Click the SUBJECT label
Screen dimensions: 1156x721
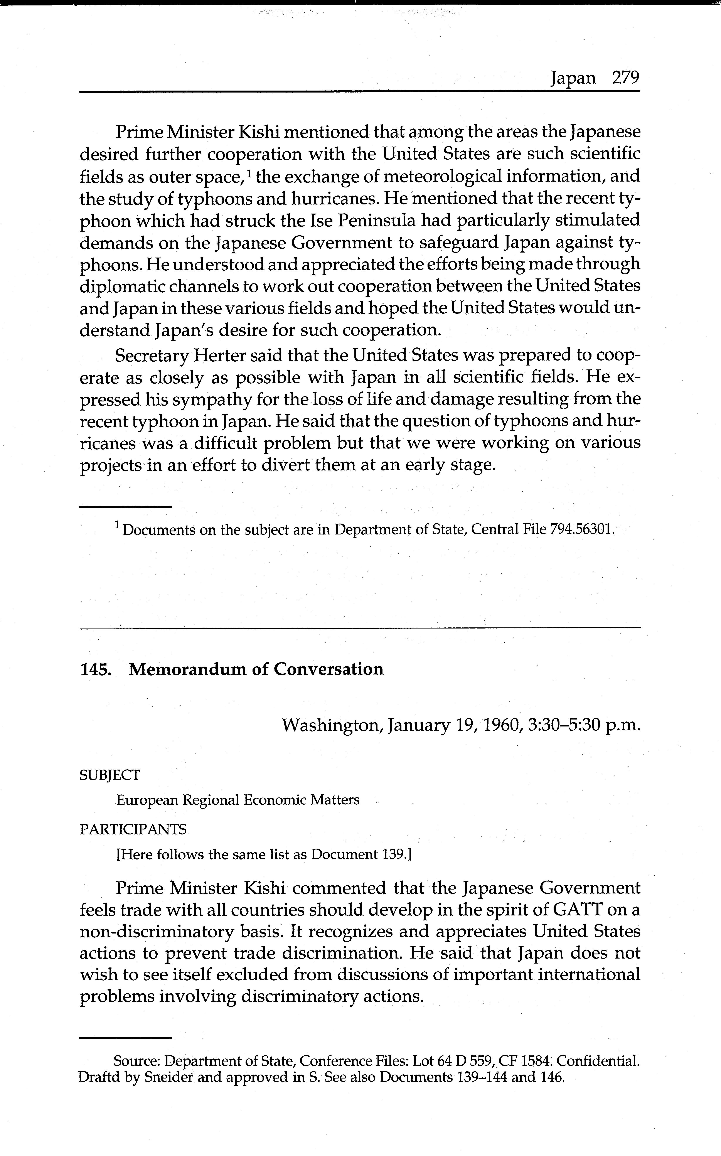coord(110,775)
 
